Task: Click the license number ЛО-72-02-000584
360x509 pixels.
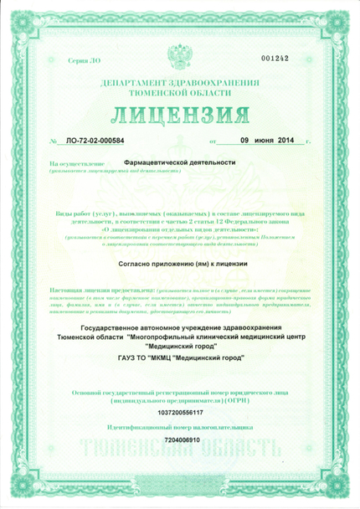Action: pyautogui.click(x=94, y=143)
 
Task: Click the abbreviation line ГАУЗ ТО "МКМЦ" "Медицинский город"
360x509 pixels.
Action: pyautogui.click(x=179, y=358)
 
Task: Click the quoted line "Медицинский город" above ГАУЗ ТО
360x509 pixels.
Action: pyautogui.click(x=179, y=344)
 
